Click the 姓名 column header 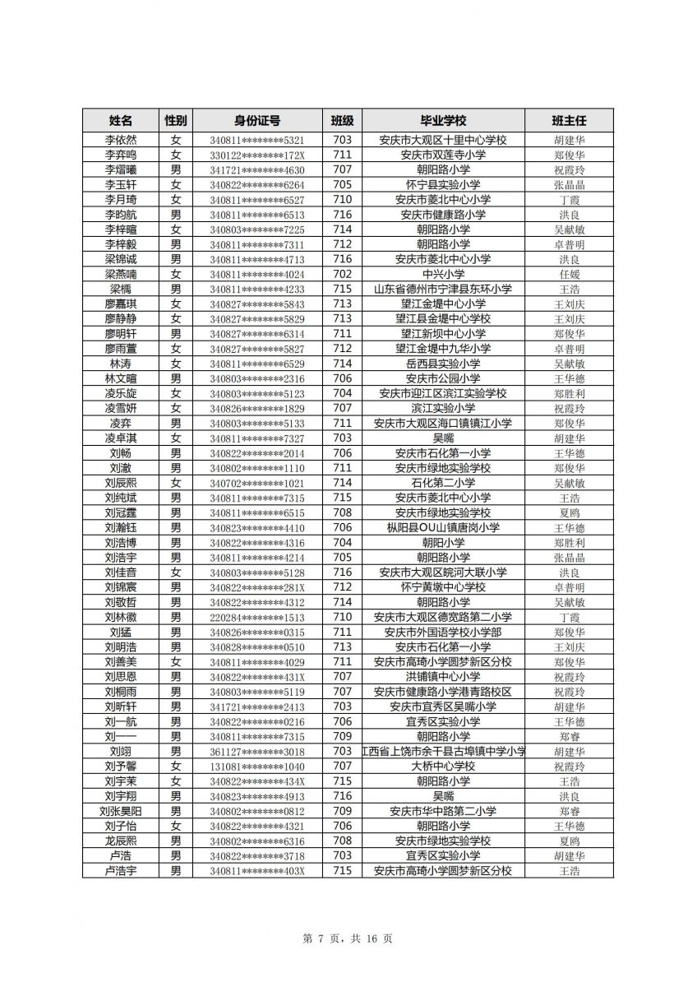click(121, 120)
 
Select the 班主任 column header click(569, 120)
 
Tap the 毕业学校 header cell click(443, 120)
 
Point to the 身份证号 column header click(256, 120)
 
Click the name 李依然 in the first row click(121, 140)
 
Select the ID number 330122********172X click(256, 155)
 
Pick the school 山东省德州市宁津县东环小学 click(443, 289)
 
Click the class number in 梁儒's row click(342, 289)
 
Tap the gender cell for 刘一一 click(175, 736)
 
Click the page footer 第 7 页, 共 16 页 click(348, 938)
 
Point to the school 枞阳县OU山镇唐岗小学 click(443, 527)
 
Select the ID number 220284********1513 click(256, 617)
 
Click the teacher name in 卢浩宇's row click(569, 870)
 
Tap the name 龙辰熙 click(121, 841)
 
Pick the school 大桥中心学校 click(443, 766)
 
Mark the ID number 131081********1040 click(256, 766)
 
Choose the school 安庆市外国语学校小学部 click(443, 632)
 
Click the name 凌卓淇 click(121, 438)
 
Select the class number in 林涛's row click(342, 364)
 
